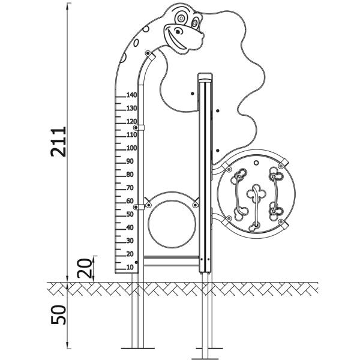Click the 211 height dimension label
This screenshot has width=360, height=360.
[x=58, y=142]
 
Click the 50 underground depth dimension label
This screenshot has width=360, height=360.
[x=58, y=314]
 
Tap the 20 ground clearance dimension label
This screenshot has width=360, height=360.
[x=85, y=268]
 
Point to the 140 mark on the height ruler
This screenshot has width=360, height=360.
[x=131, y=95]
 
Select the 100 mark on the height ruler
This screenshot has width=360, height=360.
[x=131, y=148]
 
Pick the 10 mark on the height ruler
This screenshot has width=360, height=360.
[x=130, y=267]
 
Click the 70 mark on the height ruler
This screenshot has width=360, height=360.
[x=130, y=188]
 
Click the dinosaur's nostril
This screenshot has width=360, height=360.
[x=178, y=31]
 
